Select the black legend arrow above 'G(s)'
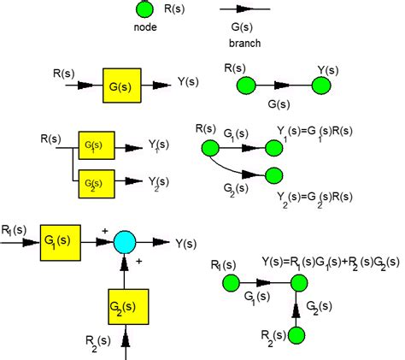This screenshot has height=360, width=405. pyautogui.click(x=244, y=10)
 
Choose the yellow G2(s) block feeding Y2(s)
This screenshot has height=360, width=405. pyautogui.click(x=97, y=182)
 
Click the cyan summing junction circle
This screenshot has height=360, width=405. pyautogui.click(x=126, y=242)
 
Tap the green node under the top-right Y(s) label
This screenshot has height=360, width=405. pyautogui.click(x=321, y=86)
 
